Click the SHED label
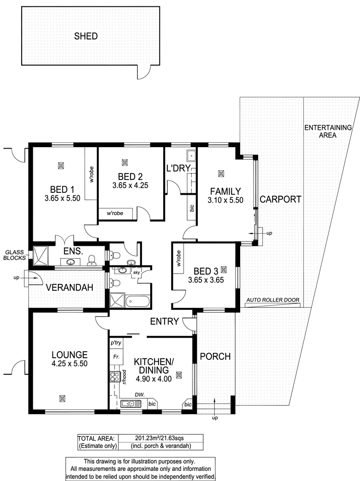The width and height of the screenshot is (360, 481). click(86, 36)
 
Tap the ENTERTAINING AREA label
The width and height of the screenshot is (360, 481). click(328, 131)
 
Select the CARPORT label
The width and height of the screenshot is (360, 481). click(281, 200)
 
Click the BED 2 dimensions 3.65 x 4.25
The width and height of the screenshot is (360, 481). click(130, 185)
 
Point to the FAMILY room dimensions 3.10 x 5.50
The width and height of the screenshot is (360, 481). click(225, 200)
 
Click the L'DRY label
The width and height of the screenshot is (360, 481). click(178, 168)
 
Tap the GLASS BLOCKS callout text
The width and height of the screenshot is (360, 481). click(14, 255)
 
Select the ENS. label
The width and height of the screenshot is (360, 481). click(73, 251)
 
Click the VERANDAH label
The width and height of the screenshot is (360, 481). click(69, 288)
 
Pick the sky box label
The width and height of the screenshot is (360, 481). click(136, 272)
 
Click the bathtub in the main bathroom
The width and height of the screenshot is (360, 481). click(138, 301)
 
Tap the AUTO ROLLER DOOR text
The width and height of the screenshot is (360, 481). click(273, 300)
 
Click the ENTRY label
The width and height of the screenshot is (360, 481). click(164, 321)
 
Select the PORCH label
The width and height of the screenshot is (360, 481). click(215, 356)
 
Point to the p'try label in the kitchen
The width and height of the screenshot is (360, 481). click(116, 343)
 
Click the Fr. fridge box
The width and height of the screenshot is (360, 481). click(116, 356)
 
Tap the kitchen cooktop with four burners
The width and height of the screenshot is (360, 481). click(115, 377)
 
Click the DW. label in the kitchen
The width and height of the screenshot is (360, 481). click(140, 395)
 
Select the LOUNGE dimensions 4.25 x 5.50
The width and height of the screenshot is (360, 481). click(70, 364)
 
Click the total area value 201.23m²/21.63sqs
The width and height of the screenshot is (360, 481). click(160, 438)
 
